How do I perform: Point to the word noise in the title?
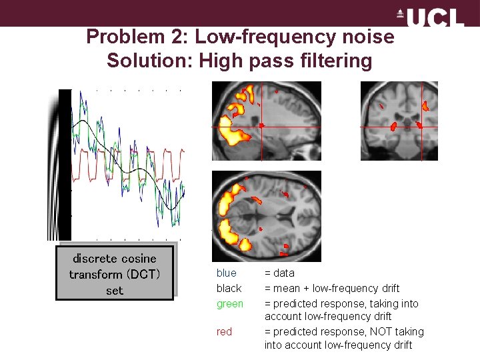coord(366,37)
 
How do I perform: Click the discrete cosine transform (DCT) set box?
coord(115,274)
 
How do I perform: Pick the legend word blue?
coord(226,273)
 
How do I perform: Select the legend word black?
coord(229,288)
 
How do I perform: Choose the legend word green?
coord(229,303)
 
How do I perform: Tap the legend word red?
coord(224,331)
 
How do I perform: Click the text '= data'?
coord(279,273)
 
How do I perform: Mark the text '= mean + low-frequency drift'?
coord(332,288)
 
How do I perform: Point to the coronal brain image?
coord(399,121)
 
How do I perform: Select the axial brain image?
coord(266,216)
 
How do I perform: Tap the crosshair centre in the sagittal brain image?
coord(261,125)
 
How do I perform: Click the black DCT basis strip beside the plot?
coord(65,164)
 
